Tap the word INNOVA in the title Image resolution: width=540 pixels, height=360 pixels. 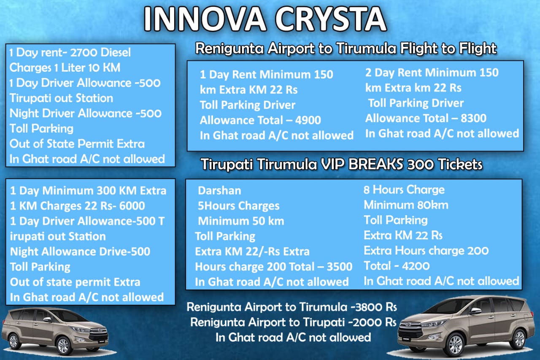point(205,19)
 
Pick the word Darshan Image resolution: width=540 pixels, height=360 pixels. point(219,190)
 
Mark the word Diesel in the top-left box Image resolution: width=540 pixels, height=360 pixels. point(116,53)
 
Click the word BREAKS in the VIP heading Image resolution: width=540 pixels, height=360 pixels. point(375,164)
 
